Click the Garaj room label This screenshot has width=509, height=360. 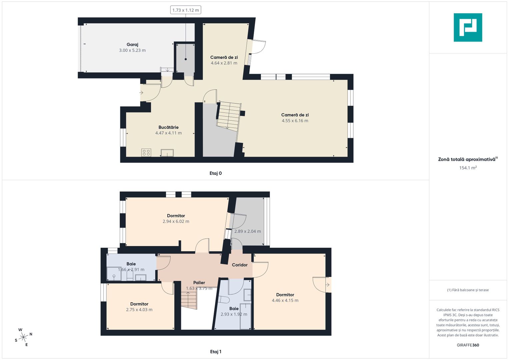pos(132,45)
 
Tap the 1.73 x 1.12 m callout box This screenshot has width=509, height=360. pos(186,10)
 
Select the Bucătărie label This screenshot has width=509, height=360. pos(168,127)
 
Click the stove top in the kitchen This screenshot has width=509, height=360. pos(146,153)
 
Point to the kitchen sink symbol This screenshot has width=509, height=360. pos(167,153)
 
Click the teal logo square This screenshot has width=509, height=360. pos(468,27)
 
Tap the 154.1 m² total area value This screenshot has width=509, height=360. pos(468,168)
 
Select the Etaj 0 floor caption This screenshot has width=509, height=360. pos(215,173)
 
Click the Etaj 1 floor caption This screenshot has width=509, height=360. pos(215,352)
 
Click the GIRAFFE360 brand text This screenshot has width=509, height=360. pos(468,345)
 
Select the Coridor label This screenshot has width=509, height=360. pos(240,265)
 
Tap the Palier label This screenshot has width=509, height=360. pos(199,283)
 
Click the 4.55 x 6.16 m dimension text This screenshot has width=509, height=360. pos(295,121)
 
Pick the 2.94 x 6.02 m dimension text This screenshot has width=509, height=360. pos(176,221)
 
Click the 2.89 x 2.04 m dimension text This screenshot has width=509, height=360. pos(247,231)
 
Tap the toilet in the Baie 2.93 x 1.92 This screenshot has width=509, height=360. pos(224,300)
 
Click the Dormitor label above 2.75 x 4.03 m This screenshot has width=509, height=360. pos(139,304)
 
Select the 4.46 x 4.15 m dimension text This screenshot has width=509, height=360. pos(285,300)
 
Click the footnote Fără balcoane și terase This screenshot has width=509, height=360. pos(468,290)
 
